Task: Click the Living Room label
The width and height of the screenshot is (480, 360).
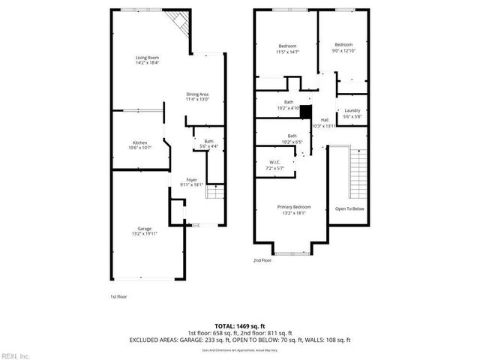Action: (146, 60)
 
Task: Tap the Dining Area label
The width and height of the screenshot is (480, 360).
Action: (197, 96)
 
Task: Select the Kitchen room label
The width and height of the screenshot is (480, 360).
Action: (140, 145)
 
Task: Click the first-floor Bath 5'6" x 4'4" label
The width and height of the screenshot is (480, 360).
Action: (209, 143)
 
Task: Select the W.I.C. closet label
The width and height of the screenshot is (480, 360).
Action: (274, 165)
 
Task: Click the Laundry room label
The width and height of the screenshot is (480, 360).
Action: (352, 113)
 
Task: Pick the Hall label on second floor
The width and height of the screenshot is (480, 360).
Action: (325, 122)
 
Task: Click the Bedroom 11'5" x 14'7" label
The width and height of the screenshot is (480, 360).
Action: (288, 49)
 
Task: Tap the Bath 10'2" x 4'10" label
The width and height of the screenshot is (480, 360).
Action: (289, 105)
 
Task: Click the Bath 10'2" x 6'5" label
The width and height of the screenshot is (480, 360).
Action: (291, 138)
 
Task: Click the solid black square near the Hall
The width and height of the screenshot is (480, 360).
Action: (305, 109)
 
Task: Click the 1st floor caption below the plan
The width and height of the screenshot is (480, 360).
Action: (118, 296)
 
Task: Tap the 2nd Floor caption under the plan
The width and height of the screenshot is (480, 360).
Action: (262, 260)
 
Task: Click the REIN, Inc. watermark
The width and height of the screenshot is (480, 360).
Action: (14, 355)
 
